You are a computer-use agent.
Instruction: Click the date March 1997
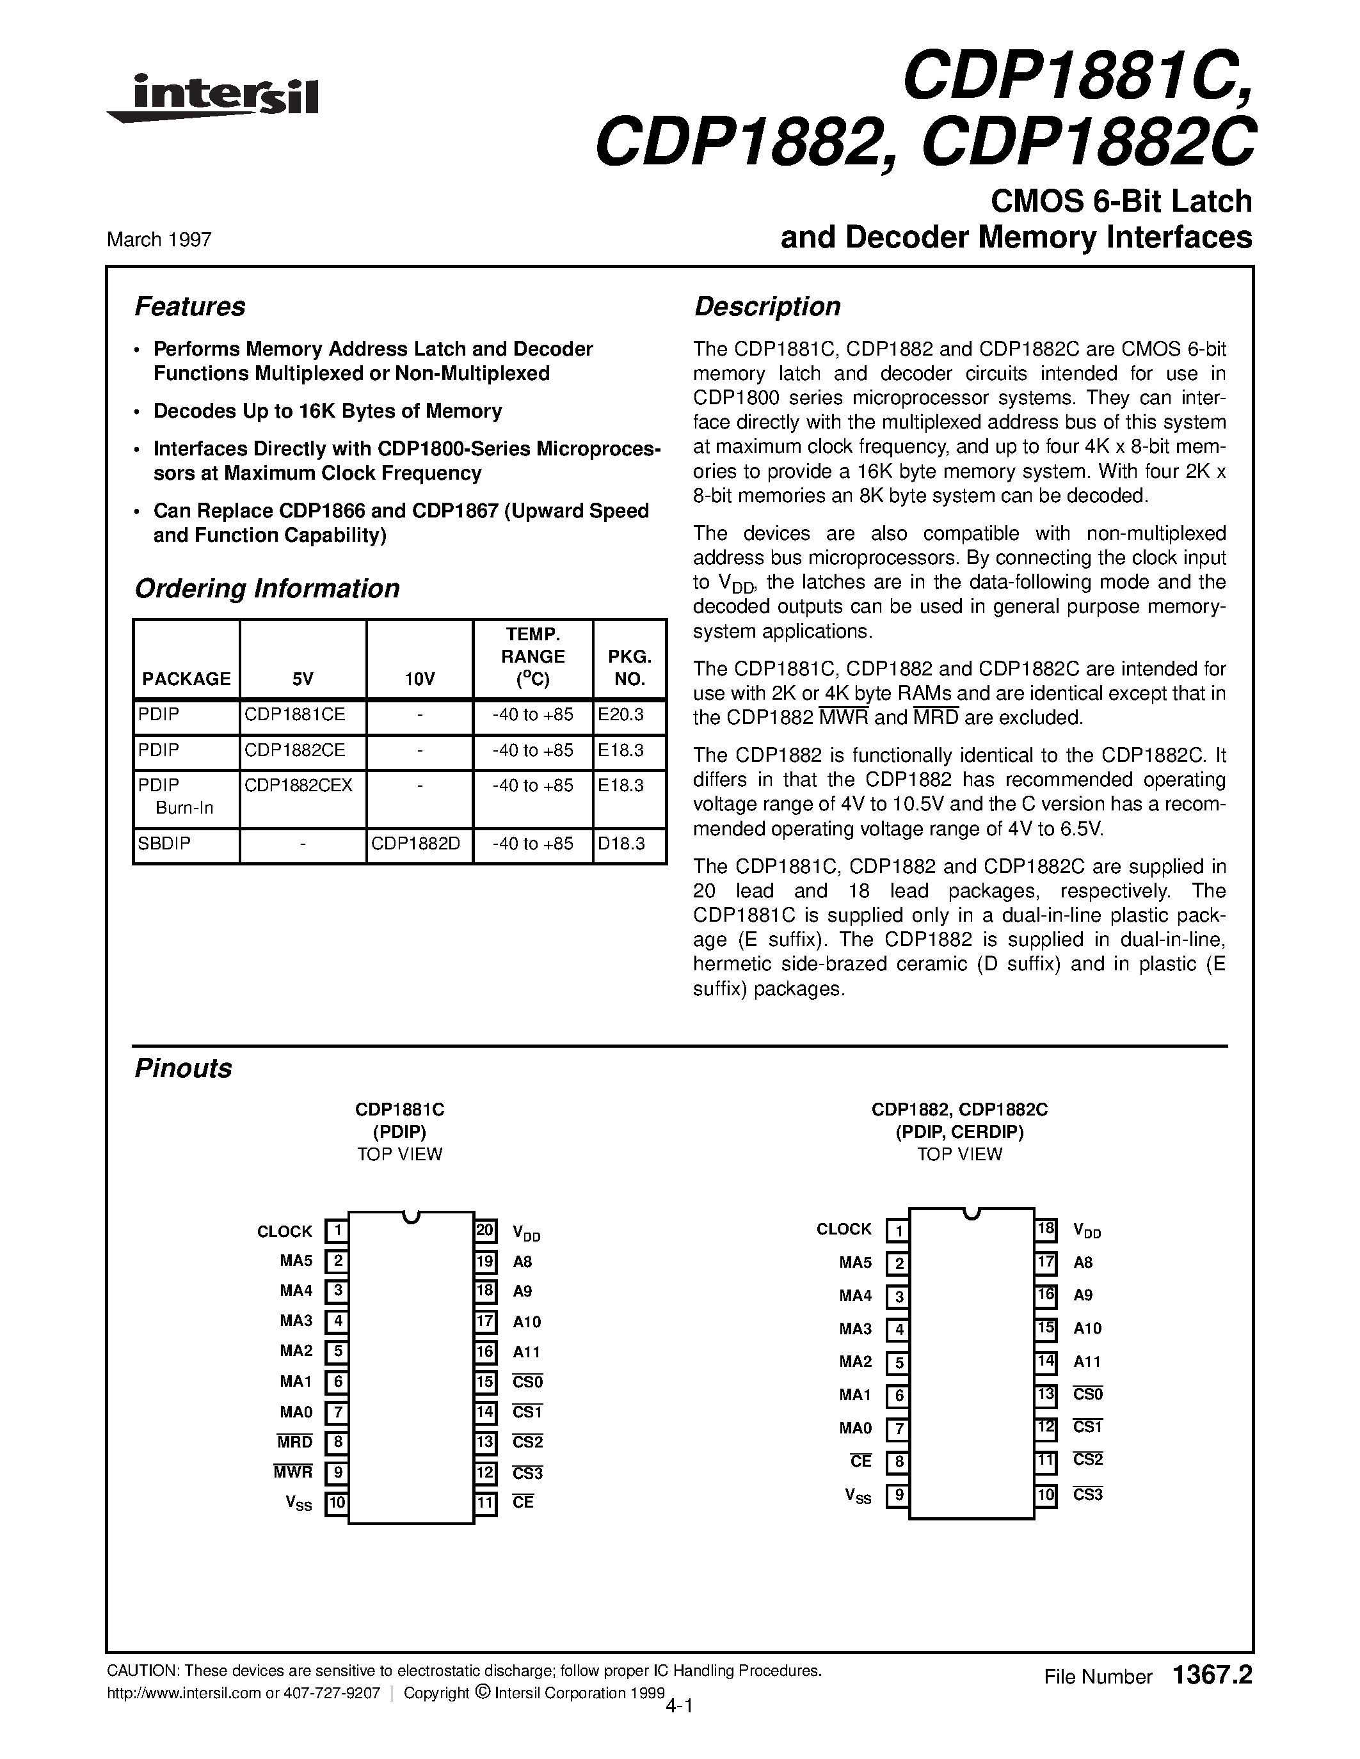(x=159, y=239)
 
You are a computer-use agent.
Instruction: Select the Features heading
(x=189, y=307)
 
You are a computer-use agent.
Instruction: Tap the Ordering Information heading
(x=267, y=588)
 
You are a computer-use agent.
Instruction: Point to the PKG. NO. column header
(x=629, y=667)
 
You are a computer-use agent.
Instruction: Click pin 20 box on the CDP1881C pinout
(x=485, y=1230)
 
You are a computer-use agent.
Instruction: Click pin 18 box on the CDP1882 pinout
(x=1046, y=1229)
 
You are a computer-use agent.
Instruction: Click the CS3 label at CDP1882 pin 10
(x=1087, y=1495)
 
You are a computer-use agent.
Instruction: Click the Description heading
(x=767, y=307)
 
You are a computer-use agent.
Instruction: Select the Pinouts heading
(x=183, y=1069)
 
